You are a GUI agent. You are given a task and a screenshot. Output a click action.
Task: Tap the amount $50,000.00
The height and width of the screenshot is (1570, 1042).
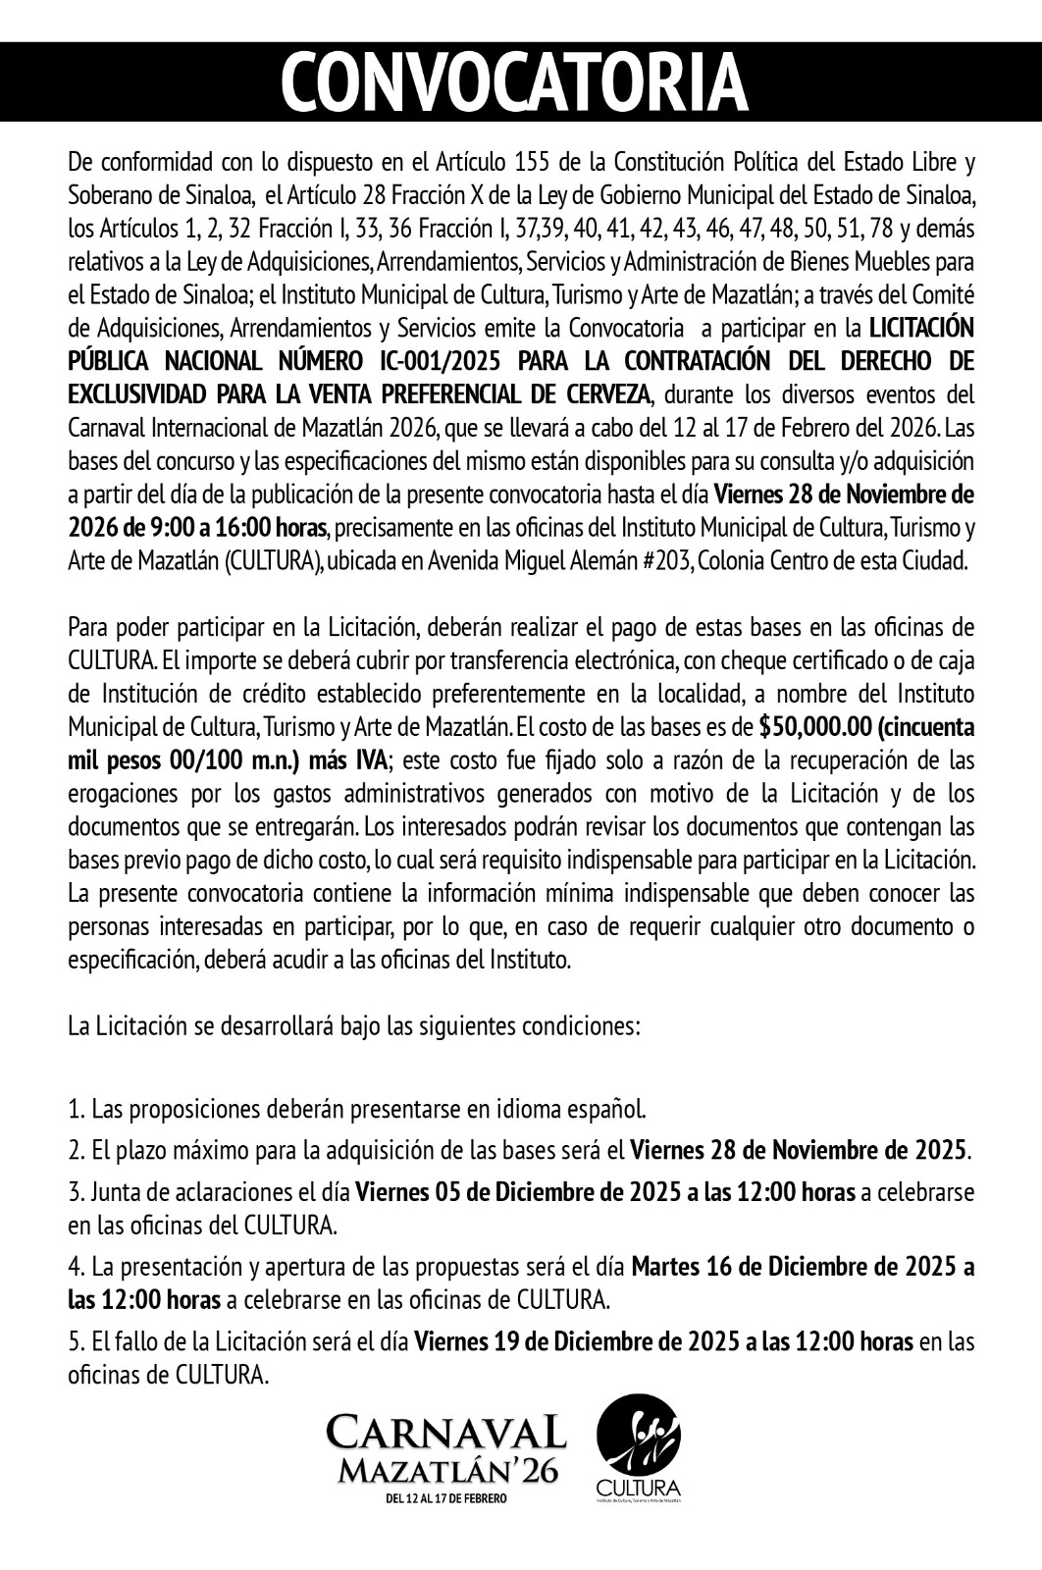pyautogui.click(x=810, y=727)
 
